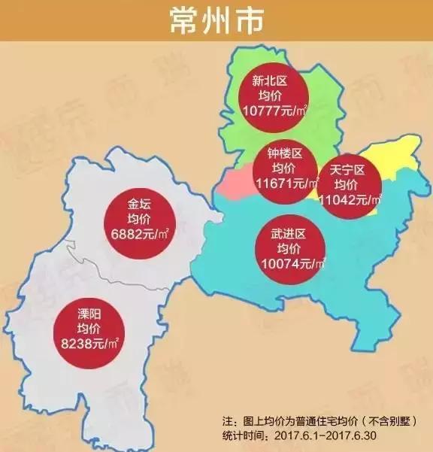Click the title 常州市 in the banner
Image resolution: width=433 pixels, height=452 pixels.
click(216, 21)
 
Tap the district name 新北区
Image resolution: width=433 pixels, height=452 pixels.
click(270, 81)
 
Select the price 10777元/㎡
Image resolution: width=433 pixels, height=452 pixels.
click(271, 110)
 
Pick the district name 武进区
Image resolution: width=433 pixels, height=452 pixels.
click(289, 235)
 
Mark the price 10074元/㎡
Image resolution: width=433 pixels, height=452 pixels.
click(289, 264)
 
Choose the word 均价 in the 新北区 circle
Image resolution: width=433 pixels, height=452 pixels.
click(270, 96)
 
